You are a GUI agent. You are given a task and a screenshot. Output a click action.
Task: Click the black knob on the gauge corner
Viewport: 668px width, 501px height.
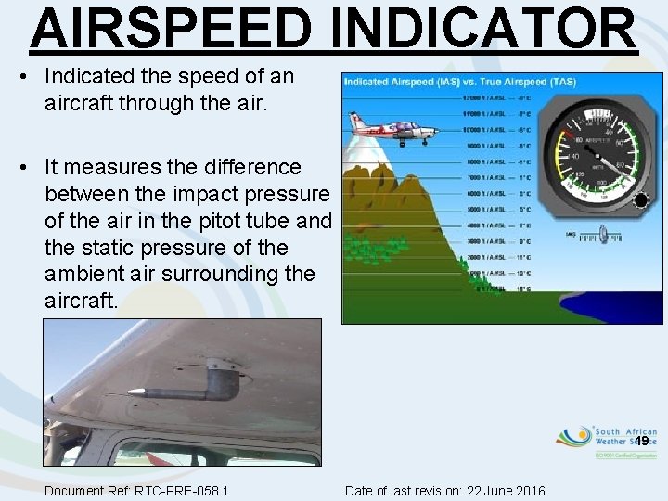(640, 199)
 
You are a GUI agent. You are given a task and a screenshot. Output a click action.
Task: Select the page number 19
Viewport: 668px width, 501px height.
(641, 441)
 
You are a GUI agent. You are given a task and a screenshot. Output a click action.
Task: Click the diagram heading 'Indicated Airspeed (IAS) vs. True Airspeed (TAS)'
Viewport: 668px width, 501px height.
(459, 83)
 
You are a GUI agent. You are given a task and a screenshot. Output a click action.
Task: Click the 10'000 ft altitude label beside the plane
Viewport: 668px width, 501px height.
(486, 131)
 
